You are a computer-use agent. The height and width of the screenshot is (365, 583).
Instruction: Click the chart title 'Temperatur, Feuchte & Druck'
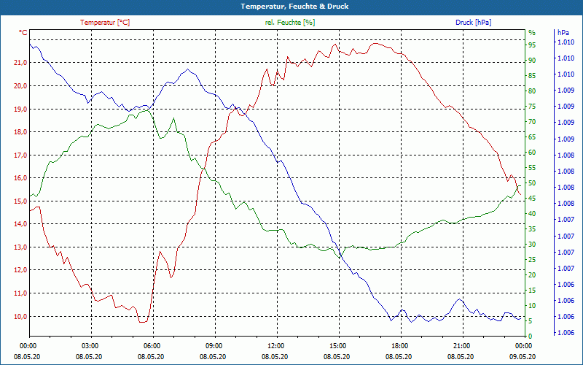point(291,6)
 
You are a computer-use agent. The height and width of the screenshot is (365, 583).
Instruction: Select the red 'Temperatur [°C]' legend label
point(105,23)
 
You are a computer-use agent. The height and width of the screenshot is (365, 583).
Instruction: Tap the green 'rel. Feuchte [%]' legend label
point(290,23)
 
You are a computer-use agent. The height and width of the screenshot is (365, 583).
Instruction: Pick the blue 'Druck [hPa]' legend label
point(473,23)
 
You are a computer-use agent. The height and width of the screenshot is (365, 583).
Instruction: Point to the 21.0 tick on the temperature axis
point(20,63)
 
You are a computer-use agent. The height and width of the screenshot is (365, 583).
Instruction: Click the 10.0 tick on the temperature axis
point(20,316)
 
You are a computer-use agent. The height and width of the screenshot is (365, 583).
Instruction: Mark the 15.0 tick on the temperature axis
point(20,201)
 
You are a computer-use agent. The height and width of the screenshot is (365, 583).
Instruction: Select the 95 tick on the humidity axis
point(532,45)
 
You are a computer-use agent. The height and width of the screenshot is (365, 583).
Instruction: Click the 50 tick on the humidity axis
point(532,182)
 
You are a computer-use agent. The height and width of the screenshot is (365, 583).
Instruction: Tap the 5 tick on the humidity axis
point(531,321)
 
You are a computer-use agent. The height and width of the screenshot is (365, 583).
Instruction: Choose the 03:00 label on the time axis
point(90,345)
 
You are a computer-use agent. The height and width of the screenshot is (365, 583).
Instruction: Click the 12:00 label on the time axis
point(276,345)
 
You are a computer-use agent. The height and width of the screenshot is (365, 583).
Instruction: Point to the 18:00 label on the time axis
point(399,345)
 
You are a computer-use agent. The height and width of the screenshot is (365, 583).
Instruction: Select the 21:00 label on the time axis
point(461,345)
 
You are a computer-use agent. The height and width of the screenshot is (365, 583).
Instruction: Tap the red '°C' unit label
point(23,33)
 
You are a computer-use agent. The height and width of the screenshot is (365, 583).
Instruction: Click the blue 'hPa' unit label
point(563,33)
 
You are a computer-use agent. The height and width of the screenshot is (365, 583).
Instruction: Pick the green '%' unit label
point(531,33)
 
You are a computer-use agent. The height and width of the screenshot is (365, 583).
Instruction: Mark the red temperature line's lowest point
point(143,322)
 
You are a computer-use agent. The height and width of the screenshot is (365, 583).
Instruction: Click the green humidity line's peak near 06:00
point(145,109)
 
